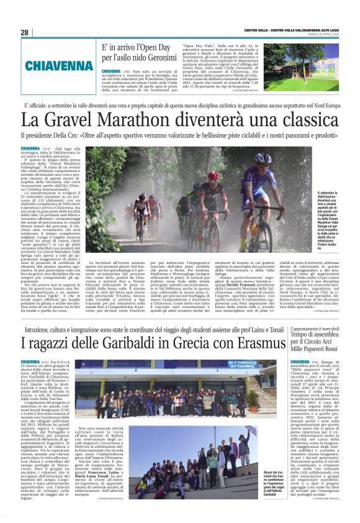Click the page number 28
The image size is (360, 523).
tap(24, 32)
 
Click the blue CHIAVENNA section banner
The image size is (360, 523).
tap(51, 65)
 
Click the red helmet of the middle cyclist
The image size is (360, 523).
tap(214, 176)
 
